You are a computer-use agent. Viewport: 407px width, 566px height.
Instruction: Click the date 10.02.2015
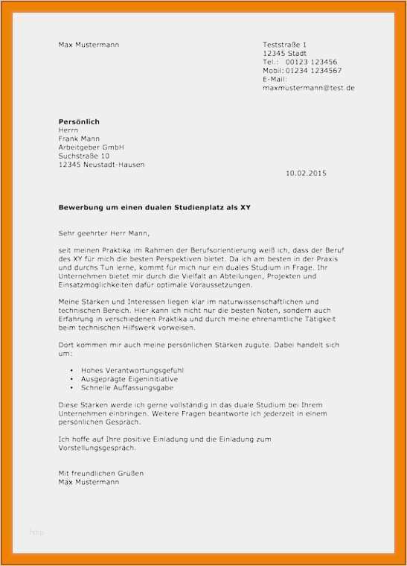click(x=305, y=174)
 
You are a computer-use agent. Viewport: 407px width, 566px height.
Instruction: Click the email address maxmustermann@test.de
click(x=308, y=88)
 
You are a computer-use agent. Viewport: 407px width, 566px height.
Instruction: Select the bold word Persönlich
click(x=79, y=121)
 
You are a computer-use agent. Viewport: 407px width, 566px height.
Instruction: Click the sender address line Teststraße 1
click(x=284, y=45)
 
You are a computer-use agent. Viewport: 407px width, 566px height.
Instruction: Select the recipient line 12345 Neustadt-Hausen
click(x=101, y=165)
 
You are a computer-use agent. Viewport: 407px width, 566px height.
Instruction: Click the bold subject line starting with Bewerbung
click(x=155, y=208)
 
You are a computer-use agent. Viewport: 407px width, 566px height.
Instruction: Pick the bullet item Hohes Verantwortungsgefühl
click(x=126, y=370)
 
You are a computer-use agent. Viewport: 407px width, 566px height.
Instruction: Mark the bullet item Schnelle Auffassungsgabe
click(x=124, y=388)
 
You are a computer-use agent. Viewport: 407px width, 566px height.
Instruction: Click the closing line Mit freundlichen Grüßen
click(x=100, y=474)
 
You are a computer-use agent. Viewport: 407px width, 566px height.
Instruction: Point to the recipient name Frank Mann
click(x=79, y=139)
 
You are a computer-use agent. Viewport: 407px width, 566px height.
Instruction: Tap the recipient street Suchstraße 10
click(x=83, y=156)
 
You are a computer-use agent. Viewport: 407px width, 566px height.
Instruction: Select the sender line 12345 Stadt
click(x=284, y=54)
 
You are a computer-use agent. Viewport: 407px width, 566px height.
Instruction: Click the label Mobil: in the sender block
click(x=273, y=71)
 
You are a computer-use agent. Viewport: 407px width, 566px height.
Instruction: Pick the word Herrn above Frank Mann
click(x=68, y=130)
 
